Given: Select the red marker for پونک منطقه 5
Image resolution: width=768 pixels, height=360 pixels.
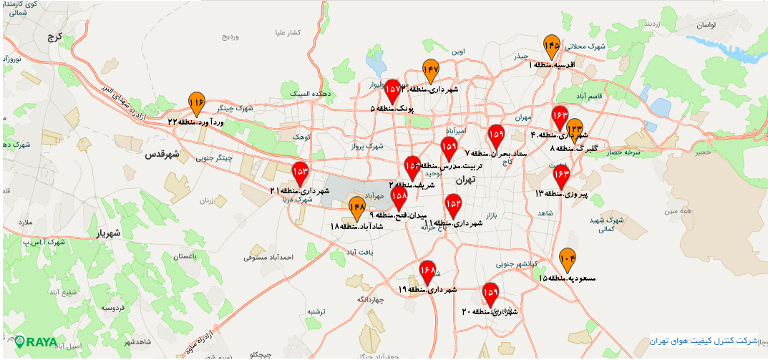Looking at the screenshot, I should tap(392, 91).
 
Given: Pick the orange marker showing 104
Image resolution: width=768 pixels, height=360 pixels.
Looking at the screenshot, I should tap(568, 260).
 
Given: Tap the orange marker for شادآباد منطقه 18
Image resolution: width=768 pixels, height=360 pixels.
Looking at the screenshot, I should tap(357, 208).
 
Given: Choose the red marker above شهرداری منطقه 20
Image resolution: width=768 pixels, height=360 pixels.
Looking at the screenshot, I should tap(490, 293).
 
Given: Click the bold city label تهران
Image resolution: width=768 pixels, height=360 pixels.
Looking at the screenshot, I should tap(466, 180).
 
